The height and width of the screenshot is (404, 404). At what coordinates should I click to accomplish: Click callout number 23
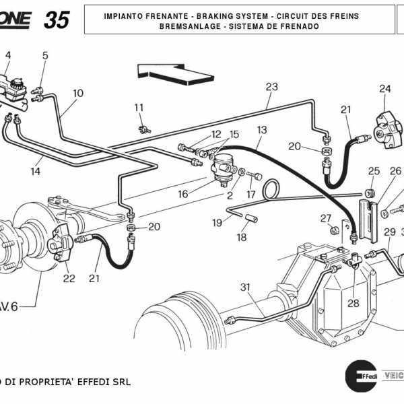pyautogui.click(x=271, y=87)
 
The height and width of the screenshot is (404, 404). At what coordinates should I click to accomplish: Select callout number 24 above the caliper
pyautogui.click(x=384, y=89)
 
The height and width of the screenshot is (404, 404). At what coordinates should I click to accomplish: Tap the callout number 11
pyautogui.click(x=139, y=108)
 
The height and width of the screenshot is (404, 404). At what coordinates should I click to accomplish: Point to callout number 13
pyautogui.click(x=262, y=129)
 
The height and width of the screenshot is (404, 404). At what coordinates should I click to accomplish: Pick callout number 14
pyautogui.click(x=35, y=172)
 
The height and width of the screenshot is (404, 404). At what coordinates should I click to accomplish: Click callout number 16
pyautogui.click(x=183, y=194)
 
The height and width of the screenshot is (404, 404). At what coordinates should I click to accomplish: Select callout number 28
pyautogui.click(x=353, y=303)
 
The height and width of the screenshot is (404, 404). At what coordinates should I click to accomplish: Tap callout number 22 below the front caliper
pyautogui.click(x=69, y=279)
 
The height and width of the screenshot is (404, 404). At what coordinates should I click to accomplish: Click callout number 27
pyautogui.click(x=326, y=217)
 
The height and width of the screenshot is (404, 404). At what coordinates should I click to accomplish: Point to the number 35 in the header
pyautogui.click(x=57, y=20)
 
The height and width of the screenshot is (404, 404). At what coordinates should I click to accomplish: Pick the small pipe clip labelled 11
pyautogui.click(x=142, y=129)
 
